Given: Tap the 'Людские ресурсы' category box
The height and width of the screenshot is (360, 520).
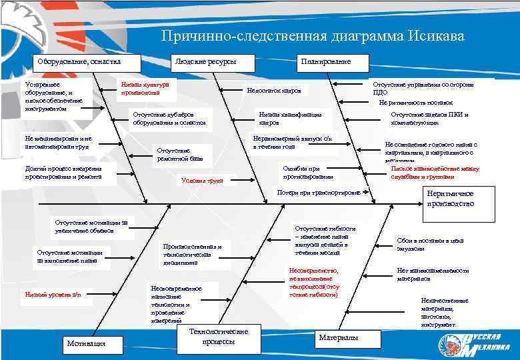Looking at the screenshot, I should pyautogui.click(x=205, y=62).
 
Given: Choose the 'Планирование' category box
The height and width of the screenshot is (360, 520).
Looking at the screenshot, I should pyautogui.click(x=324, y=62).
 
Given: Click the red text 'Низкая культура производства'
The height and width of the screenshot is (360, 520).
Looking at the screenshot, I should pyautogui.click(x=145, y=89).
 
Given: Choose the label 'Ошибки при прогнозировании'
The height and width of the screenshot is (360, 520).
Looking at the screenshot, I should pyautogui.click(x=307, y=173).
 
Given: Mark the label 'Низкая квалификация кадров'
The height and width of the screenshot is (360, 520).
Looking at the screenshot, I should pyautogui.click(x=290, y=119).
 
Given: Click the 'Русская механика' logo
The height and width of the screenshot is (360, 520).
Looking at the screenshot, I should pyautogui.click(x=473, y=342).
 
